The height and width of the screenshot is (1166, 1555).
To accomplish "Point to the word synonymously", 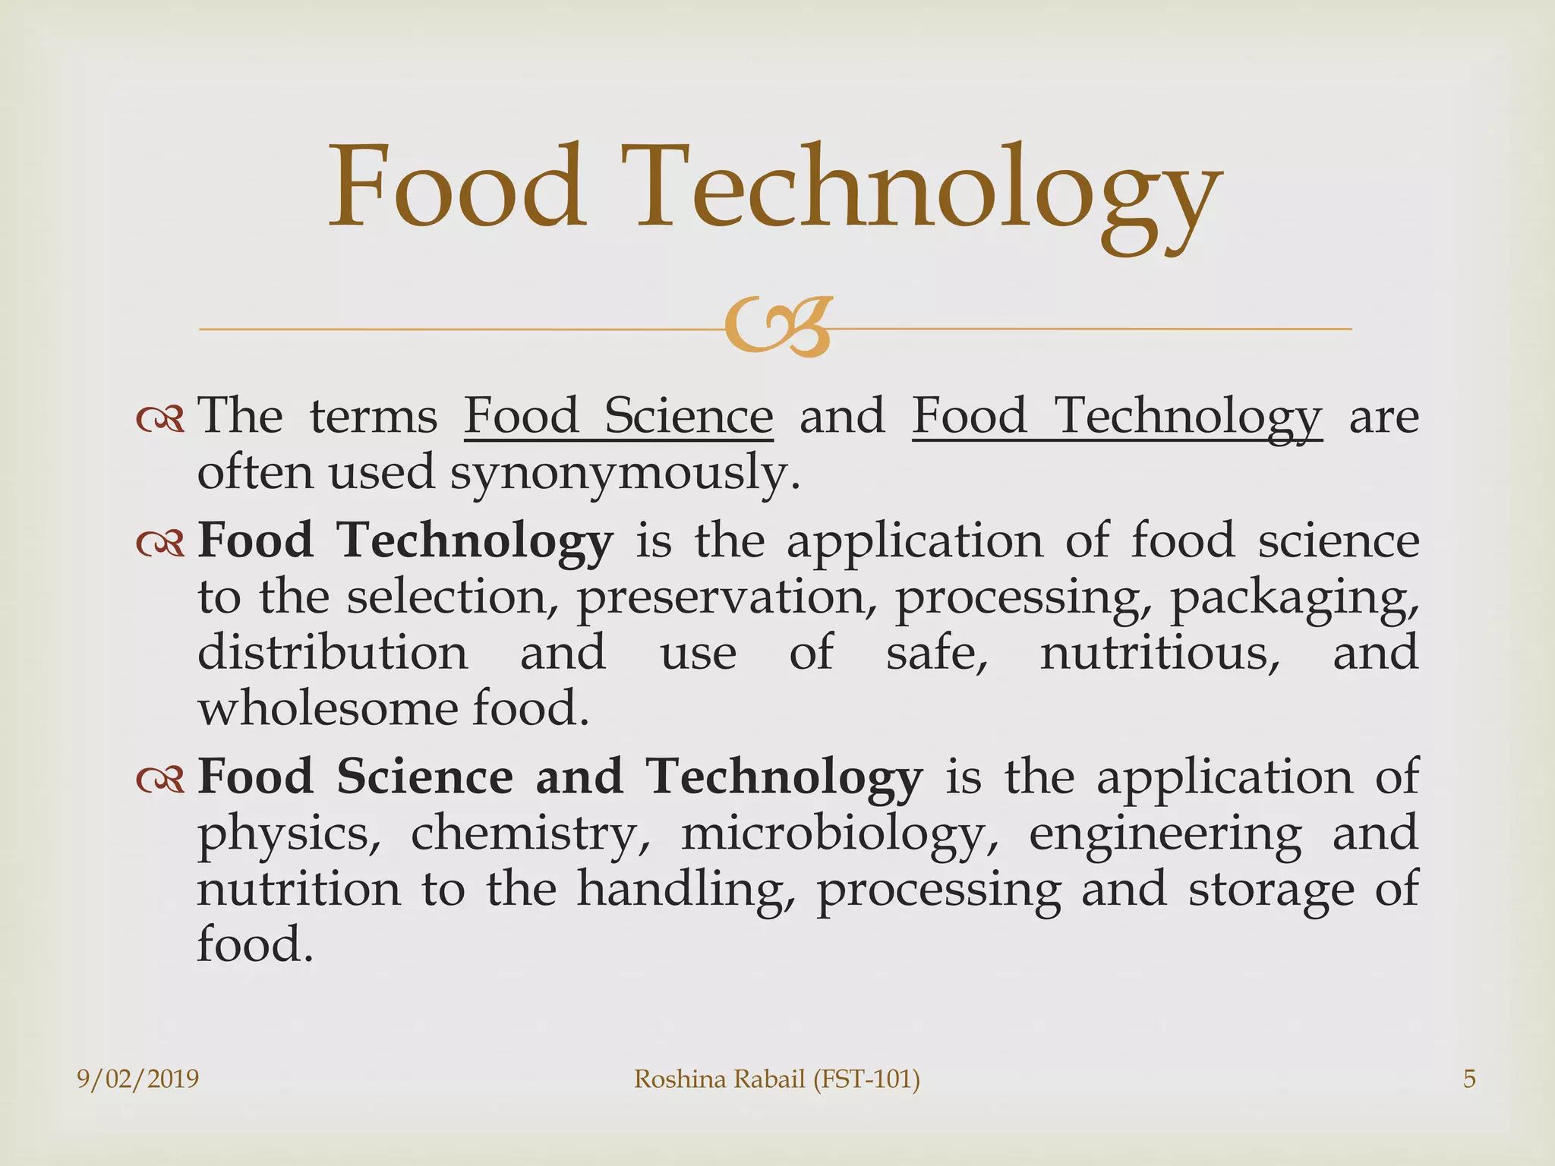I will click(x=626, y=472).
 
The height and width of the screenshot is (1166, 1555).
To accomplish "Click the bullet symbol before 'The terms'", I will click(x=160, y=418).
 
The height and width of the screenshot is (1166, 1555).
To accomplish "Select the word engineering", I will click(x=1165, y=834).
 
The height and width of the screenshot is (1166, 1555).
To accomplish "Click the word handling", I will click(x=687, y=889).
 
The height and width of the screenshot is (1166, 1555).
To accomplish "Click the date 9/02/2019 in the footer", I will click(x=138, y=1079).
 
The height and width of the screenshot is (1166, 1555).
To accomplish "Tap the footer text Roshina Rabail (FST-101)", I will click(x=777, y=1079).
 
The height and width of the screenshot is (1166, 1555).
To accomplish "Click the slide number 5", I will click(x=1469, y=1079).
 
